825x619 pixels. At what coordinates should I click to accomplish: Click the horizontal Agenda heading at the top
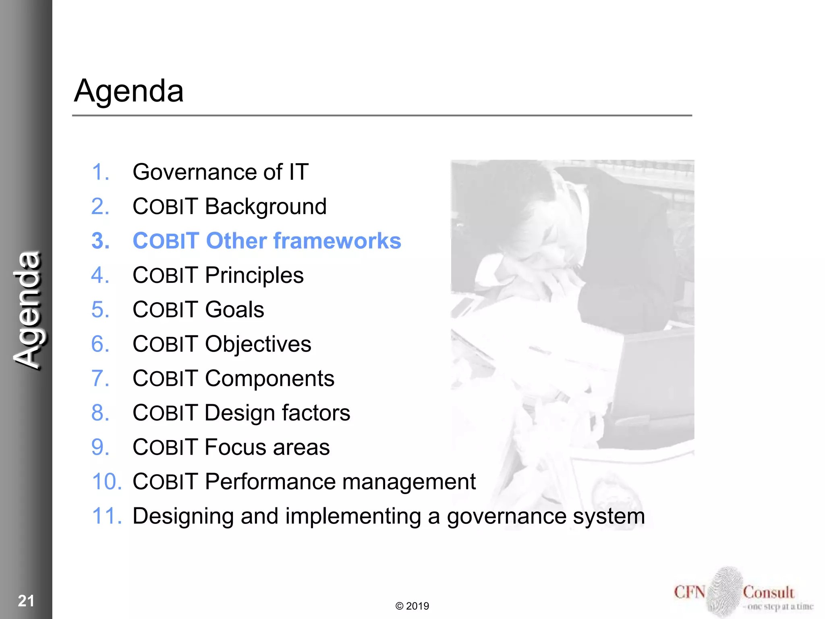129,91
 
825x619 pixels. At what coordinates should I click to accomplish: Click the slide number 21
26,601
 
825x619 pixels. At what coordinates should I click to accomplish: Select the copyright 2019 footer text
412,606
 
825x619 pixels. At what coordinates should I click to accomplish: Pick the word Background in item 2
265,207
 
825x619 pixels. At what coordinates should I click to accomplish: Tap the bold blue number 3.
100,241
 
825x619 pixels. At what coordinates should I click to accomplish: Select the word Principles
254,276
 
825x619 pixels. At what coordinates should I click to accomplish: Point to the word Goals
234,310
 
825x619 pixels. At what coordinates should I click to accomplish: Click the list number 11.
106,516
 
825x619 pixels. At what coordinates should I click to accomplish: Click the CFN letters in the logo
689,592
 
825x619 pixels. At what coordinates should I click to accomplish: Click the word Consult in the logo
768,592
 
